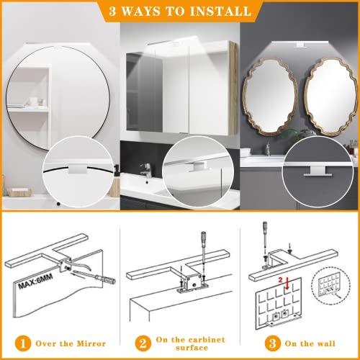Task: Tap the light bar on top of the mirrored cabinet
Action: pos(179,47)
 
